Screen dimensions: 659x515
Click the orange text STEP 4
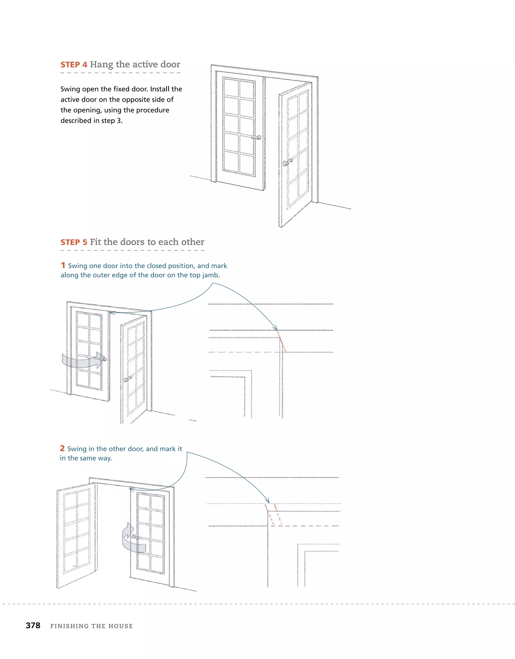(74, 65)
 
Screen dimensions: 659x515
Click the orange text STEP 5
(74, 242)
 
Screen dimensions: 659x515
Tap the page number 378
(33, 625)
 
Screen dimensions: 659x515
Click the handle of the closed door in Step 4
(257, 138)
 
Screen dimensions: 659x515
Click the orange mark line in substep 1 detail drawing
(281, 341)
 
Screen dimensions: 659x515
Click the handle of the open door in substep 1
(128, 379)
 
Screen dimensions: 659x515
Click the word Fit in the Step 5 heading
(96, 242)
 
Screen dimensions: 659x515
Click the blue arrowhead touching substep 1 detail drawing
(275, 328)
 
